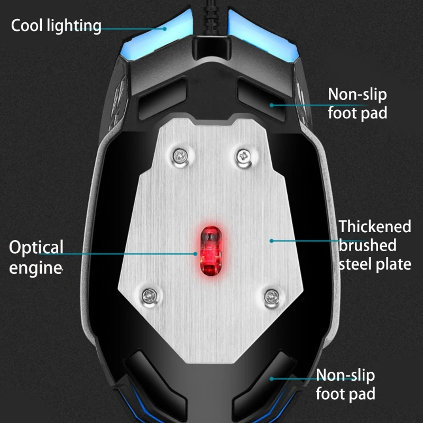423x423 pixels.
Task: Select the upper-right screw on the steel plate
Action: pyautogui.click(x=244, y=155)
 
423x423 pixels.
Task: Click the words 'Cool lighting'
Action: pyautogui.click(x=56, y=25)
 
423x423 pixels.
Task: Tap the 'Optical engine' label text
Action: pyautogui.click(x=36, y=257)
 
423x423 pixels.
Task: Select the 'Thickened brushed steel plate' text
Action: pyautogui.click(x=375, y=245)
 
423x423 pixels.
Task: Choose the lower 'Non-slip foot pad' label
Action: pyautogui.click(x=346, y=384)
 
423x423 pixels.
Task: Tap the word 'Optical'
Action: pyautogui.click(x=36, y=247)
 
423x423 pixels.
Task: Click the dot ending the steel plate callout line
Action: pyautogui.click(x=272, y=241)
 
